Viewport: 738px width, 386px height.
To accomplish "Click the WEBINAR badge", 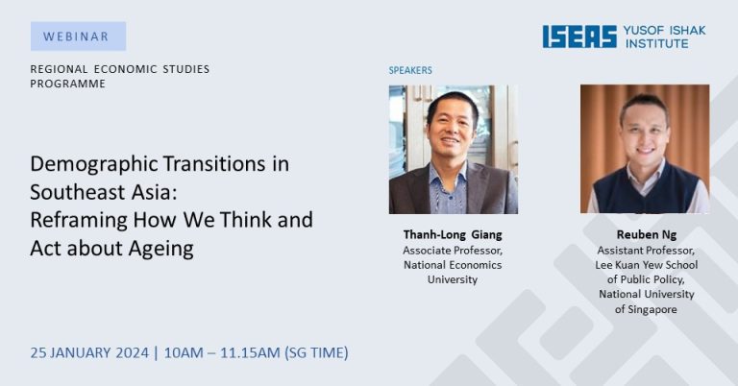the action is click(x=78, y=36).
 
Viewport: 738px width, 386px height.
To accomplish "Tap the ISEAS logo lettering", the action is click(x=579, y=36).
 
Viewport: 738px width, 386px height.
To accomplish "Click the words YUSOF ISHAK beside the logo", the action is click(x=664, y=31).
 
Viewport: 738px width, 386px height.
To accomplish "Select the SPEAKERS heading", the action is click(x=410, y=70).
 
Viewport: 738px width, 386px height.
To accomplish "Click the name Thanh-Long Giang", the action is click(x=453, y=234).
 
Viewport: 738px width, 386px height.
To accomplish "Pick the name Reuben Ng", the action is click(x=646, y=234).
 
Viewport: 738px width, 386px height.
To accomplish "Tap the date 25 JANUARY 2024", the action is click(x=89, y=352).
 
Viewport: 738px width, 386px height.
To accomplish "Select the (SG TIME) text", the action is click(x=316, y=352).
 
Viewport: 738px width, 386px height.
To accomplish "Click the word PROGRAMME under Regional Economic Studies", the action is click(x=68, y=84).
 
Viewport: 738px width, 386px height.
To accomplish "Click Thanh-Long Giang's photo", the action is click(x=454, y=150).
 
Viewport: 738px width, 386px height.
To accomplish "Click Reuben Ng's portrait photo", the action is click(x=645, y=149).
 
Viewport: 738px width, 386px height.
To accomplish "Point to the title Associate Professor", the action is click(x=453, y=251).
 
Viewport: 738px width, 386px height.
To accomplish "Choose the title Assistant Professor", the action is click(x=646, y=251).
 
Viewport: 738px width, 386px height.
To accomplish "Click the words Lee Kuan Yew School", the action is click(x=646, y=265).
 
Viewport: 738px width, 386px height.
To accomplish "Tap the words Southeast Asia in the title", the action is click(x=104, y=192).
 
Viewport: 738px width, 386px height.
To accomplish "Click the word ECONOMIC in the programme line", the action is click(x=125, y=69).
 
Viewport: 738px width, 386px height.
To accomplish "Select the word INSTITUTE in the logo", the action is click(x=656, y=43).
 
